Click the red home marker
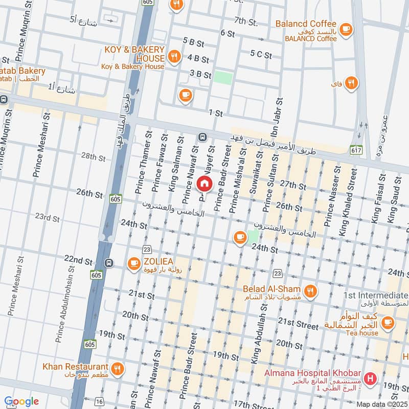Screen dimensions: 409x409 pyautogui.click(x=204, y=183)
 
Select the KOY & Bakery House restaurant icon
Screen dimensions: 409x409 pyautogui.click(x=174, y=57)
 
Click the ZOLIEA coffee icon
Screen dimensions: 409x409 pyautogui.click(x=134, y=263)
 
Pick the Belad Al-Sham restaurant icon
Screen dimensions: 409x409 pyautogui.click(x=309, y=292)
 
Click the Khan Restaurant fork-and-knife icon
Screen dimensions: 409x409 pyautogui.click(x=117, y=368)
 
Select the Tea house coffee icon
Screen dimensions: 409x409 pyautogui.click(x=388, y=322)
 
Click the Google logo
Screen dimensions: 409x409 pyautogui.click(x=21, y=401)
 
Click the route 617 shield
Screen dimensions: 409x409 pyautogui.click(x=356, y=150)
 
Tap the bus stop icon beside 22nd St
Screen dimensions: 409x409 pyautogui.click(x=108, y=263)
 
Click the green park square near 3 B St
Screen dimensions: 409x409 pyautogui.click(x=223, y=77)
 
